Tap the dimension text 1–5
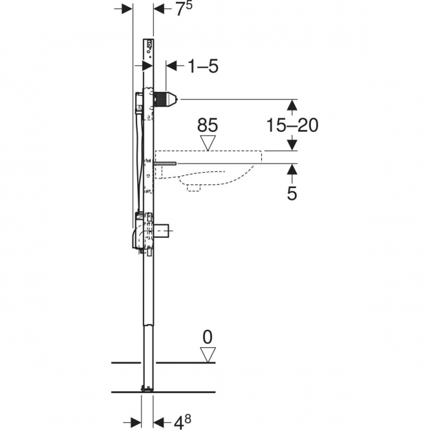pos(203,66)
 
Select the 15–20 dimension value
pos(292,125)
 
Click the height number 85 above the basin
pos(208,125)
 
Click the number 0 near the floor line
pos(208,337)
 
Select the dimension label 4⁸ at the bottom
pos(182,422)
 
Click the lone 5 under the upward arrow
pos(292,193)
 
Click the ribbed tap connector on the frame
pos(166,100)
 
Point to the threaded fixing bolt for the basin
pos(166,164)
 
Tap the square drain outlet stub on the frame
pos(162,231)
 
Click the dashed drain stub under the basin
pos(194,188)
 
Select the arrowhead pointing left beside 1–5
pos(171,66)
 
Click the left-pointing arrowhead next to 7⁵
pos(159,9)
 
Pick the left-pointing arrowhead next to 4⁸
pos(158,422)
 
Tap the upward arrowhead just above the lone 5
pos(292,169)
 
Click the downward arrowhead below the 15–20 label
pos(292,145)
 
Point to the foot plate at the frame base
pos(147,388)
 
